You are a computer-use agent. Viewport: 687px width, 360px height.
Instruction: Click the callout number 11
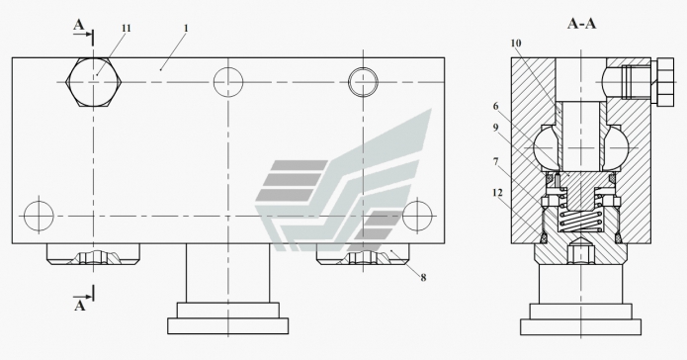(126, 29)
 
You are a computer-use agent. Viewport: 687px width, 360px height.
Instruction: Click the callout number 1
(186, 29)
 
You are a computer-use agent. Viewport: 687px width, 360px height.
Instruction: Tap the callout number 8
(423, 278)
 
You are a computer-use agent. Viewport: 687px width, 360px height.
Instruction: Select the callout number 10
(516, 43)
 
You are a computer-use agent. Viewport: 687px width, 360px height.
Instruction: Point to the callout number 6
(495, 106)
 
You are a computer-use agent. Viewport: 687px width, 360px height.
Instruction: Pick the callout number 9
(495, 128)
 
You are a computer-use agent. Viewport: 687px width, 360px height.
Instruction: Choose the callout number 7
(495, 162)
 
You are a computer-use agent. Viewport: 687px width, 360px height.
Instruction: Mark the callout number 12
(497, 193)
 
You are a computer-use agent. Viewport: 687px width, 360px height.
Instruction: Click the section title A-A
(581, 23)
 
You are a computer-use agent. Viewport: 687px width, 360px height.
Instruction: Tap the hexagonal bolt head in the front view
(93, 82)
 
